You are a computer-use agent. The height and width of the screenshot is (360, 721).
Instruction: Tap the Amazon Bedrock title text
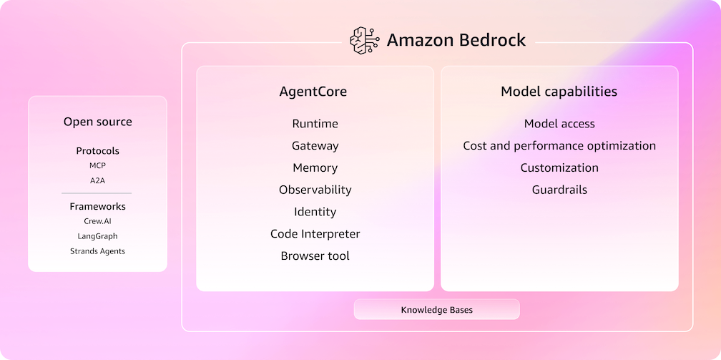[456, 40]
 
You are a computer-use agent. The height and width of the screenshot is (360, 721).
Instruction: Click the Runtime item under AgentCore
[315, 124]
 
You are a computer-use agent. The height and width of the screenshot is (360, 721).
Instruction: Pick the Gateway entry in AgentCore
[315, 146]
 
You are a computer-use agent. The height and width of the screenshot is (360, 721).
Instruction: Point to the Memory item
[315, 168]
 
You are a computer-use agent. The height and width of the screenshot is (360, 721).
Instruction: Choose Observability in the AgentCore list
[315, 190]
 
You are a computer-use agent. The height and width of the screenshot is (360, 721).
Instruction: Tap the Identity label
[315, 212]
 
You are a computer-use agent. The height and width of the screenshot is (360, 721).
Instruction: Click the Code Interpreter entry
[315, 234]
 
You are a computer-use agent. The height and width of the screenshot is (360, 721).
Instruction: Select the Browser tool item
[315, 256]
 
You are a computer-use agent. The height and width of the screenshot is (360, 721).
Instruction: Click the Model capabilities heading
[559, 92]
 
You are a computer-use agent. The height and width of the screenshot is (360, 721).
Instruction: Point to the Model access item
[559, 124]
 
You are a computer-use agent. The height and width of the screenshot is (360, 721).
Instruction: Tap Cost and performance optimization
[559, 146]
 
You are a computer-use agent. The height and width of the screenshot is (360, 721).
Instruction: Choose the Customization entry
[559, 168]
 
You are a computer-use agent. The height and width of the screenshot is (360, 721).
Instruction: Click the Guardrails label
[559, 190]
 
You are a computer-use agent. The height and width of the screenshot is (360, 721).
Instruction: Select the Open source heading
[97, 122]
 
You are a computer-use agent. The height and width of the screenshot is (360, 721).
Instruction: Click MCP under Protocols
[97, 166]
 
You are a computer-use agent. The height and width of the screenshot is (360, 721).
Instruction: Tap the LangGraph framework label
[97, 236]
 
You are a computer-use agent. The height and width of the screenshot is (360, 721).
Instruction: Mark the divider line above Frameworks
[97, 193]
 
